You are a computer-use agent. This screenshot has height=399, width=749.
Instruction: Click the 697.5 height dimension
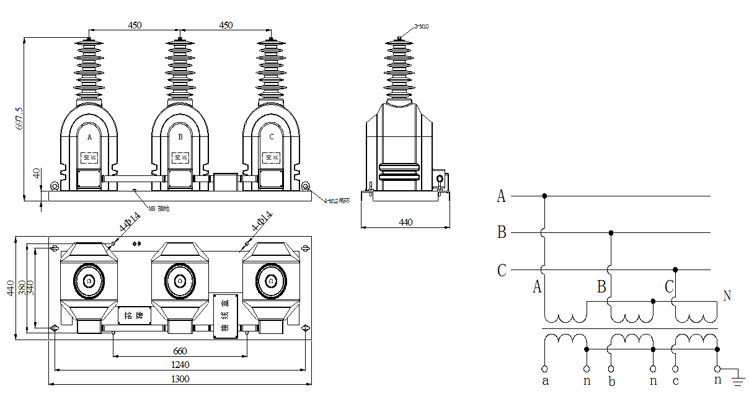pos(19,118)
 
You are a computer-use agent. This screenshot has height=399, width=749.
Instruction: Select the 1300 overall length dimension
pos(180,379)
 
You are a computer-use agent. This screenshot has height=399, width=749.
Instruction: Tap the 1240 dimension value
pos(180,365)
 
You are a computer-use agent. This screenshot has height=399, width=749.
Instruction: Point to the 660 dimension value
pos(180,351)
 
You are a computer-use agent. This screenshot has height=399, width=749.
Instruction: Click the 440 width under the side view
pos(406,222)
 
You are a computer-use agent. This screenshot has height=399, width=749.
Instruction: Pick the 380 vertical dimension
pos(22,287)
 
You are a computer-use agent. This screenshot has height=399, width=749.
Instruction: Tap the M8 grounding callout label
pos(159,209)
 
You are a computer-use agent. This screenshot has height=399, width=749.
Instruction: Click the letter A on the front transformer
pos(89,136)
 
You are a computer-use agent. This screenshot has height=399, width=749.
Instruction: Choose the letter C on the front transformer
pos(271,136)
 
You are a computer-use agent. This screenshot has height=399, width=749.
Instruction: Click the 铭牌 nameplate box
pos(135,315)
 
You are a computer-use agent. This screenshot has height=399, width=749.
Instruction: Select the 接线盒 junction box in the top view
pos(224,316)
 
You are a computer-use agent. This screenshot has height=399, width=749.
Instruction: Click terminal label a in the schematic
pos(545,381)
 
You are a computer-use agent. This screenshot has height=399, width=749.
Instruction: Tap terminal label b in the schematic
pos(611,381)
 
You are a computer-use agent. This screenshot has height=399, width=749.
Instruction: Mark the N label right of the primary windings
pos(727,296)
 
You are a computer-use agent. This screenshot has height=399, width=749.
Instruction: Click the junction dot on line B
pos(611,233)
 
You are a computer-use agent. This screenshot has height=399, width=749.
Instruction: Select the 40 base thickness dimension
pos(37,173)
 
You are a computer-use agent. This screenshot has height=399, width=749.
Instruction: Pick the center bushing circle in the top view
pos(180,281)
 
